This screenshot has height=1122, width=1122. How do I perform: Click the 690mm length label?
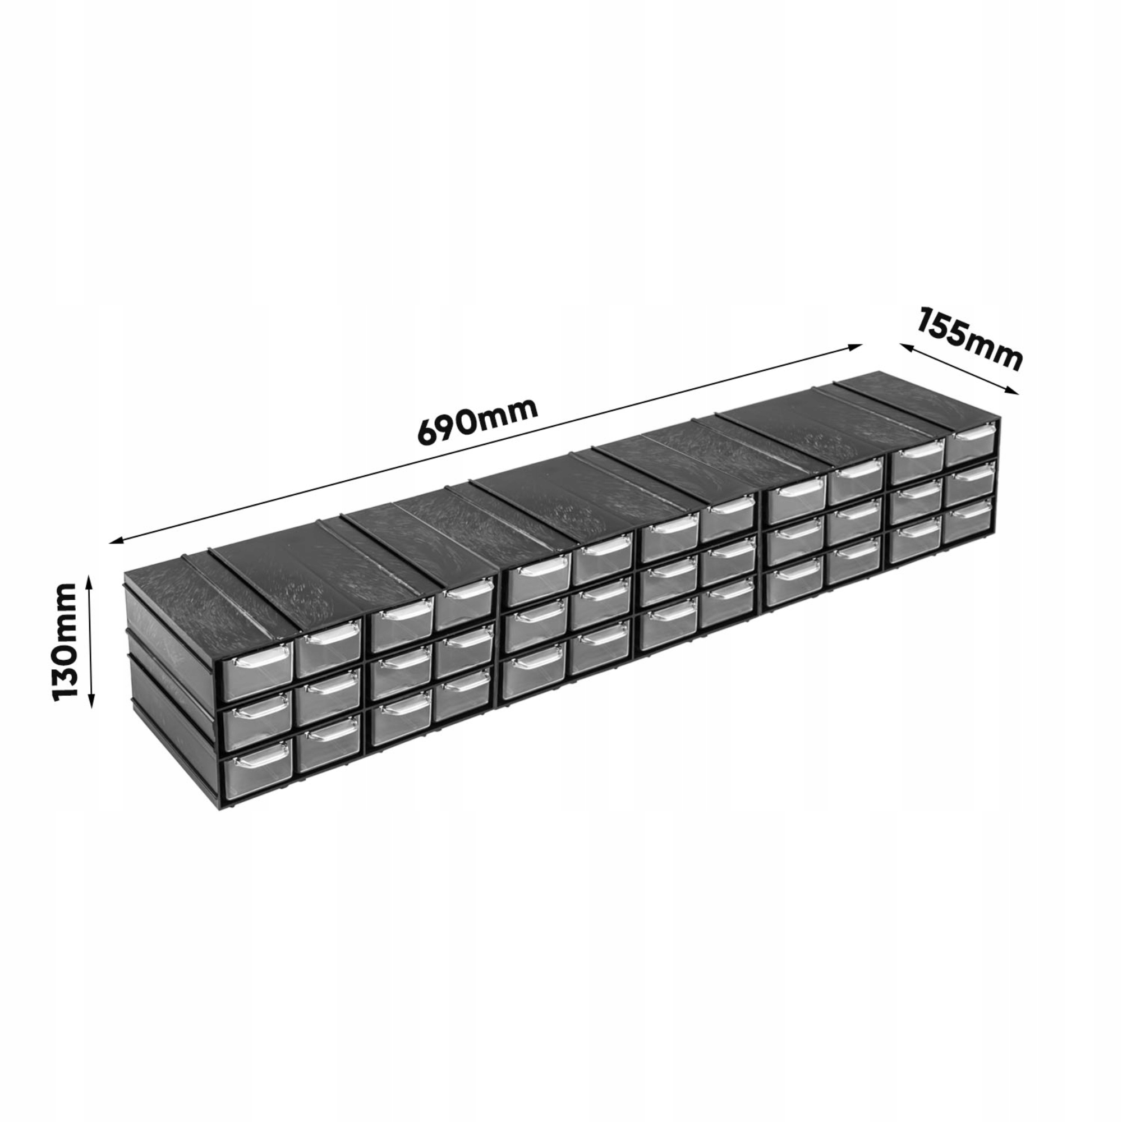coord(477,420)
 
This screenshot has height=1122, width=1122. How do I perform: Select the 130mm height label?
coord(65,642)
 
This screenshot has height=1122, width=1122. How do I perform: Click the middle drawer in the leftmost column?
coord(256,720)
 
